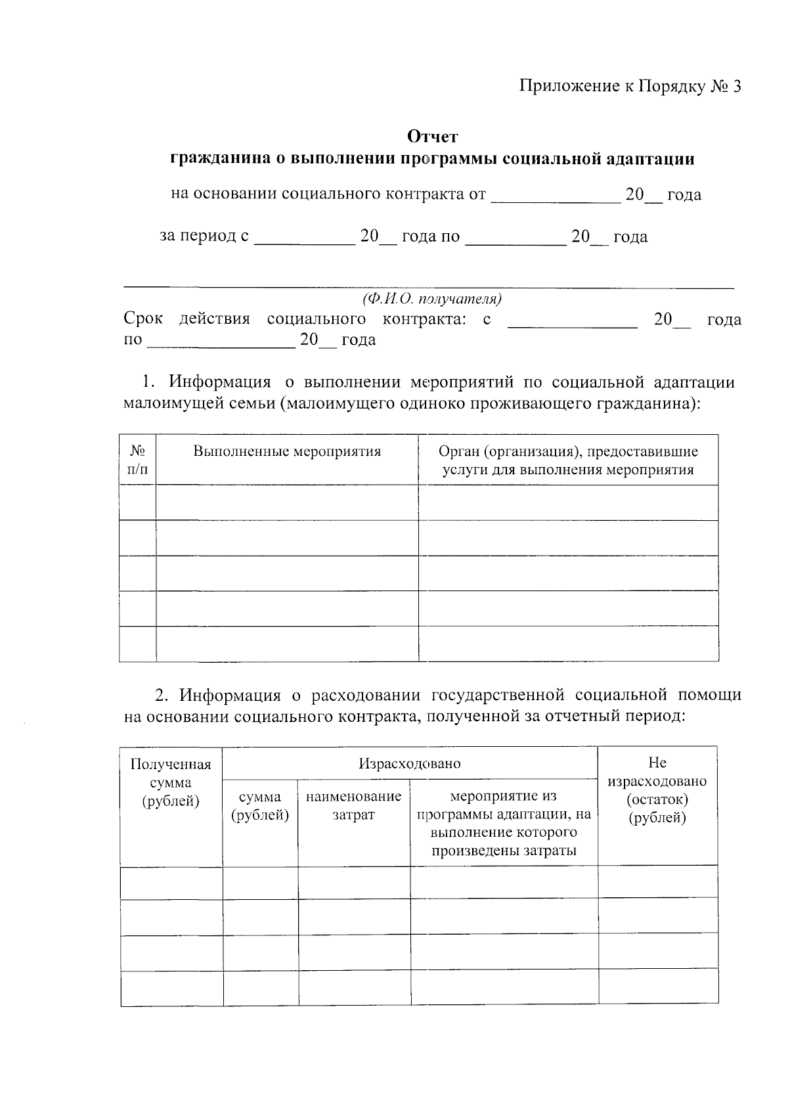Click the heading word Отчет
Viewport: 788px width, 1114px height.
point(432,137)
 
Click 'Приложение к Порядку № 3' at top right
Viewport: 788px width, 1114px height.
point(630,87)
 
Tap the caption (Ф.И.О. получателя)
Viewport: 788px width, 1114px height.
point(432,300)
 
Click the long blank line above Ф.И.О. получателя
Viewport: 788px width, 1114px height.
point(429,287)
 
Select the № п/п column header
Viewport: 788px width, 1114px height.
point(137,460)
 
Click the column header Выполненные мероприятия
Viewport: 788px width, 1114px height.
point(287,452)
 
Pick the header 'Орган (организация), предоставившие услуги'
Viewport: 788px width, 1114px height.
point(568,460)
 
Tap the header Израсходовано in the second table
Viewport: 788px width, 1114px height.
point(410,763)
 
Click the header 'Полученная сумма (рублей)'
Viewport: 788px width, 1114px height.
point(171,782)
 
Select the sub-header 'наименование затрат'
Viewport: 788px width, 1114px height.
point(353,805)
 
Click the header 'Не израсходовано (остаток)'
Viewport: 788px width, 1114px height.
point(657,790)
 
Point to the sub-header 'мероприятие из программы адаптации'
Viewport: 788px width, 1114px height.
point(504,823)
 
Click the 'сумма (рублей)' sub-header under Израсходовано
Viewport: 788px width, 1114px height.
point(260,806)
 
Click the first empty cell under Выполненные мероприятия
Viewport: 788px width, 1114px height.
point(287,502)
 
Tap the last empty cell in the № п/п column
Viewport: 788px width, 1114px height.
point(137,644)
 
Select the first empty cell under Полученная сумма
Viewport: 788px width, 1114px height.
point(171,882)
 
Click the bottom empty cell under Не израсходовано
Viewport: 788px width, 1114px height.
point(658,988)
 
